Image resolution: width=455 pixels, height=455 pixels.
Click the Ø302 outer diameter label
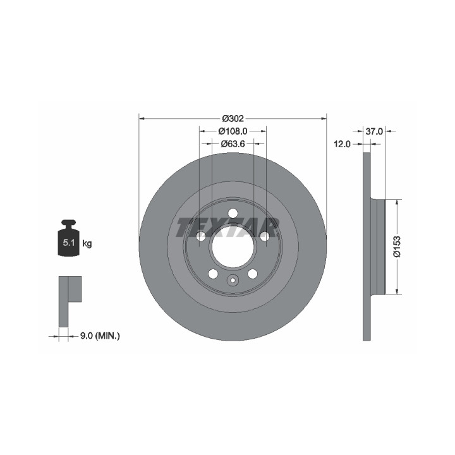click(x=233, y=118)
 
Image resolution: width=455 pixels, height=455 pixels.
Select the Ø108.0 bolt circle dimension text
click(x=233, y=131)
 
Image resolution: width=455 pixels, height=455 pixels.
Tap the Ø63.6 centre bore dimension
click(x=233, y=143)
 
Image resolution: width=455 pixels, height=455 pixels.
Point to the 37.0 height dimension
click(x=374, y=131)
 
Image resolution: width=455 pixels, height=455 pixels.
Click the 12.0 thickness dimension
click(x=342, y=143)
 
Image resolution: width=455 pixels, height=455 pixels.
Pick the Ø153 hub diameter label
click(x=397, y=246)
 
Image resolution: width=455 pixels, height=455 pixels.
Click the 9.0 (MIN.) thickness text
click(x=100, y=336)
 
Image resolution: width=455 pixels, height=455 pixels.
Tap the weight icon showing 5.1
click(x=69, y=238)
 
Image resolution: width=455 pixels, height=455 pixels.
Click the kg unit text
click(x=87, y=243)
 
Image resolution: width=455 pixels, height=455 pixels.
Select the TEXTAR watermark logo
click(x=227, y=227)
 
